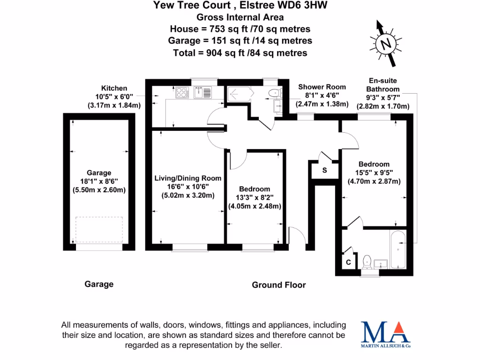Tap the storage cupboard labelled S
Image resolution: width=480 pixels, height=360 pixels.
(324, 170)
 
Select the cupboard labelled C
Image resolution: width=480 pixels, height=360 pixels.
(348, 263)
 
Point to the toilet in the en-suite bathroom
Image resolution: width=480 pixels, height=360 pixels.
(367, 261)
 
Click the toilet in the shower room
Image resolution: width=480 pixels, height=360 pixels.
(272, 93)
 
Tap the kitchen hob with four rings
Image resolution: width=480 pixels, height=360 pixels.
(182, 93)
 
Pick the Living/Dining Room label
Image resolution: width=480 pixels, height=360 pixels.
(188, 178)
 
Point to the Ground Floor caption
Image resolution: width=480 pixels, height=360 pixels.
(279, 285)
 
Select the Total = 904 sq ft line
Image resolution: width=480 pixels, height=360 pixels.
(240, 52)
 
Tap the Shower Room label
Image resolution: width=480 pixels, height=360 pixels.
(322, 87)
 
